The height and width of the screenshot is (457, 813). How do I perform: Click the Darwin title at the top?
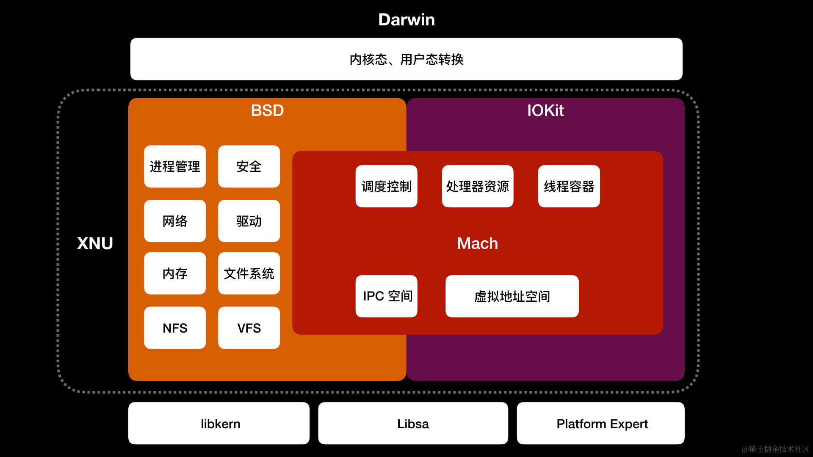click(x=406, y=20)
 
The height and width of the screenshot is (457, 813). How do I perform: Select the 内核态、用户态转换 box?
click(x=406, y=59)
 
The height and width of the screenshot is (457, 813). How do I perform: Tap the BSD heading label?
click(x=267, y=110)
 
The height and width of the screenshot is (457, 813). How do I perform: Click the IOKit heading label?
click(x=545, y=110)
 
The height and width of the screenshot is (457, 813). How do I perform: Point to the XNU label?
click(x=95, y=243)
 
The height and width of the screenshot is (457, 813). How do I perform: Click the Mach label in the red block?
click(x=477, y=243)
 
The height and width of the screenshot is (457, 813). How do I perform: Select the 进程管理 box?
click(x=175, y=166)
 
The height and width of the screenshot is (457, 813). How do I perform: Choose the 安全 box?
click(x=249, y=166)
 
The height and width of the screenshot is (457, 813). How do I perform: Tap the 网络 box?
click(x=175, y=221)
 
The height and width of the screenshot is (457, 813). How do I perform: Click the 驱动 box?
click(x=249, y=221)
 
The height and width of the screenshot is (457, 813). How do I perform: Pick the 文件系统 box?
click(x=249, y=273)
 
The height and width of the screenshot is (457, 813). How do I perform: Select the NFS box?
click(x=175, y=328)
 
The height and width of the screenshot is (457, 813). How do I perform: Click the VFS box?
click(x=249, y=328)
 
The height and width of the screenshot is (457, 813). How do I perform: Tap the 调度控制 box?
click(x=386, y=186)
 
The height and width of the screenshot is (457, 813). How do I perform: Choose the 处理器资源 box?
click(x=478, y=186)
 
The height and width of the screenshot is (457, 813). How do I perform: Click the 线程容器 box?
click(x=569, y=186)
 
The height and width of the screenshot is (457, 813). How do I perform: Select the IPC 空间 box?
click(x=386, y=296)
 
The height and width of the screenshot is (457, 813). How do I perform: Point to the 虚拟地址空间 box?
click(x=512, y=296)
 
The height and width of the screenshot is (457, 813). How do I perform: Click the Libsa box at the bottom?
click(x=413, y=424)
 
